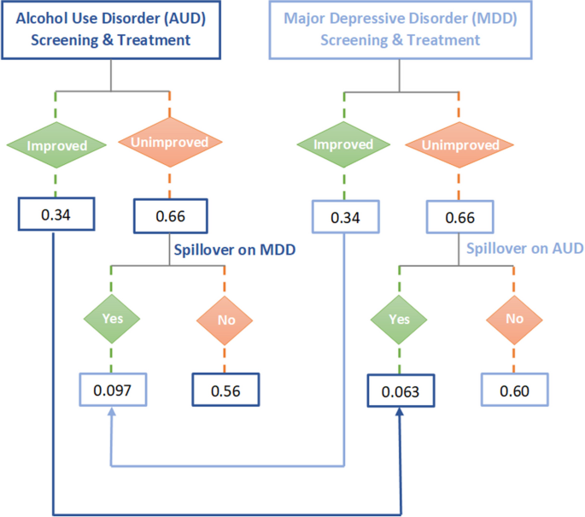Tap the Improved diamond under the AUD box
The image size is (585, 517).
[x=57, y=145]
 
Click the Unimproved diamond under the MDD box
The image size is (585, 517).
[x=460, y=145]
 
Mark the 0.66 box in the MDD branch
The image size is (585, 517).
[x=460, y=217]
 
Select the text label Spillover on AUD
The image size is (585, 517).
[x=525, y=249]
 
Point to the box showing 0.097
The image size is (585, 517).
[x=113, y=391]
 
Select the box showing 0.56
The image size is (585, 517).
[x=226, y=391]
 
